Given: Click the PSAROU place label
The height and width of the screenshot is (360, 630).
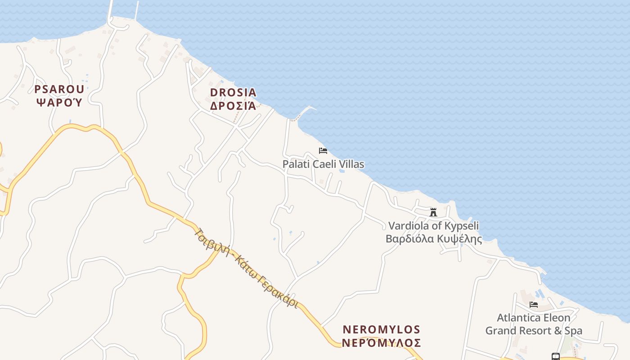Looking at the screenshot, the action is click(59, 89).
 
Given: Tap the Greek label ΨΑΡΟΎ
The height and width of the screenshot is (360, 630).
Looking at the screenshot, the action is click(59, 102).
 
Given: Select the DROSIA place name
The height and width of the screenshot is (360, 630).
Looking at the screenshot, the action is click(233, 93).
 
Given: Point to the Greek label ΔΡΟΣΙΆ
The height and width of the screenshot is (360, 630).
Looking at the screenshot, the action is click(233, 106).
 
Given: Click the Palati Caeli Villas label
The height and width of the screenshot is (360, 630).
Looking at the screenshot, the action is click(323, 164).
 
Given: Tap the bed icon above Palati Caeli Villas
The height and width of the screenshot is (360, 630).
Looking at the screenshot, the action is click(323, 151).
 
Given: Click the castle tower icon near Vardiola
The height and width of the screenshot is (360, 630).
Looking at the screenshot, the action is click(433, 212).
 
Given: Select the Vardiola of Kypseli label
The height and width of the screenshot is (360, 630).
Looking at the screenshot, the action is click(433, 225).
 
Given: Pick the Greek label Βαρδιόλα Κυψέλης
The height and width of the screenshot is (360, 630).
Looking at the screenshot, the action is click(433, 239).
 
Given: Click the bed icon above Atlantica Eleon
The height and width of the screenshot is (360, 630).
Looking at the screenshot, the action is click(534, 305).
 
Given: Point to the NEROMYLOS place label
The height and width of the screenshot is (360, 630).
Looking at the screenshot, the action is click(381, 329).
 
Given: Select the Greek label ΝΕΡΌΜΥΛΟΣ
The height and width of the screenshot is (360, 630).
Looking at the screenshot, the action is click(381, 343).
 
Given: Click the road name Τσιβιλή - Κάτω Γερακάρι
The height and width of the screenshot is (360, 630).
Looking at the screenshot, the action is click(246, 268).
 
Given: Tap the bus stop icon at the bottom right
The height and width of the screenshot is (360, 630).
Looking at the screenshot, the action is click(556, 357).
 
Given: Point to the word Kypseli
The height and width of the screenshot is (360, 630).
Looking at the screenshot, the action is click(462, 226).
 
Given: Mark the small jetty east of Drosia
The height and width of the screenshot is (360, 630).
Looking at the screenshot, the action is click(308, 109).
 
